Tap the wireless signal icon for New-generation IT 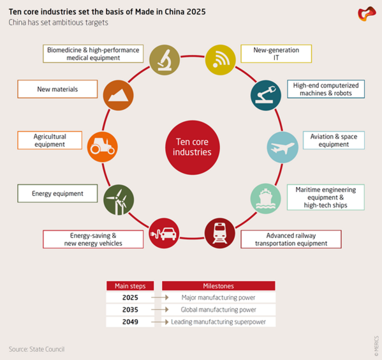[x=221, y=59]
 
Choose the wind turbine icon [x=119, y=199]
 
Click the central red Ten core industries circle [x=192, y=147]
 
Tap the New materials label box [x=57, y=89]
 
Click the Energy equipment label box [x=57, y=193]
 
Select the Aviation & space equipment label [x=334, y=140]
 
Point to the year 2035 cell [x=130, y=310]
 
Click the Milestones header [x=218, y=286]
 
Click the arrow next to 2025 [x=159, y=297]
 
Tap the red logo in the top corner [x=366, y=13]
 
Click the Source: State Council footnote [x=36, y=349]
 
